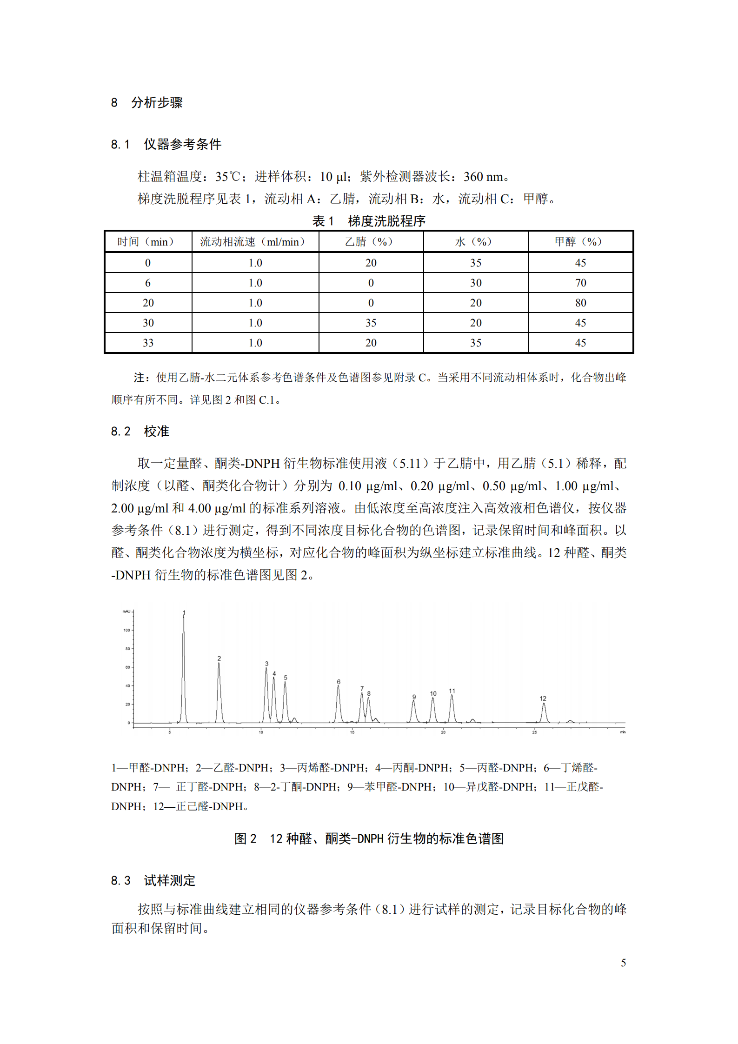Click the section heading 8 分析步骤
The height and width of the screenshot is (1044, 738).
click(146, 102)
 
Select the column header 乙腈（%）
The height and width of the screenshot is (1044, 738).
click(370, 242)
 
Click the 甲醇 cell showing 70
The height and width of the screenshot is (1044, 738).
click(580, 283)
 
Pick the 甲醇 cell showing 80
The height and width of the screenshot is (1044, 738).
click(580, 303)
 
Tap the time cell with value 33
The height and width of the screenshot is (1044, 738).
click(148, 343)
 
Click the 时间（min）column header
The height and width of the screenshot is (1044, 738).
click(148, 242)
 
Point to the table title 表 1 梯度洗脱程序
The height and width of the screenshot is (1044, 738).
click(369, 221)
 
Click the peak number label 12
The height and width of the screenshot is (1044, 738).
click(543, 698)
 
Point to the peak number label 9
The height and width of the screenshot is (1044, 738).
click(414, 697)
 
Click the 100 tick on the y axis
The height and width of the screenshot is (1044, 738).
click(126, 630)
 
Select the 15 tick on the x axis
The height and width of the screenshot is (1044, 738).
click(352, 732)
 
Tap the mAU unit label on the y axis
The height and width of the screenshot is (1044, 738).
click(126, 612)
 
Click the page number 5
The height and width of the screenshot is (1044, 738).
click(623, 963)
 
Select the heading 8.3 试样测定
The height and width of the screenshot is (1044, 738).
click(153, 880)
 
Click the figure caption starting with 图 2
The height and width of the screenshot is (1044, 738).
click(369, 838)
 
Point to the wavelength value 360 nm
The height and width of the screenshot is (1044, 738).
click(484, 177)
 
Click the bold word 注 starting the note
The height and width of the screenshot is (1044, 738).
click(139, 378)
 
